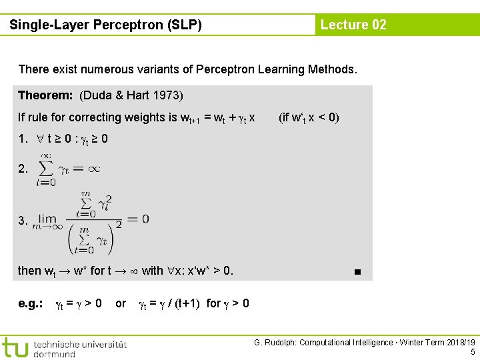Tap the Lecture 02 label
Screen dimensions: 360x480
pyautogui.click(x=353, y=25)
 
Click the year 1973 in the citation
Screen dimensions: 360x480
pyautogui.click(x=169, y=95)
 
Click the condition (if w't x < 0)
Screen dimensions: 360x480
pyautogui.click(x=309, y=118)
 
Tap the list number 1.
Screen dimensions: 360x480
pyautogui.click(x=23, y=140)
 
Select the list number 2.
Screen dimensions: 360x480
pyautogui.click(x=23, y=169)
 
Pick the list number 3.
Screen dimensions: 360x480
pyautogui.click(x=23, y=220)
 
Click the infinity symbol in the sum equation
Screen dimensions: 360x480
pyautogui.click(x=94, y=169)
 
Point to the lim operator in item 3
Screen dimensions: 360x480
pyautogui.click(x=47, y=218)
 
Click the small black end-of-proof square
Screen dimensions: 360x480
pyautogui.click(x=358, y=272)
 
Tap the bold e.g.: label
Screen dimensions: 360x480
pyautogui.click(x=31, y=304)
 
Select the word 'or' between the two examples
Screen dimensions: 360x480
pyautogui.click(x=121, y=304)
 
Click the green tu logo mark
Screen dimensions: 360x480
pyautogui.click(x=15, y=347)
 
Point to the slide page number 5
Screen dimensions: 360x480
pyautogui.click(x=472, y=352)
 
